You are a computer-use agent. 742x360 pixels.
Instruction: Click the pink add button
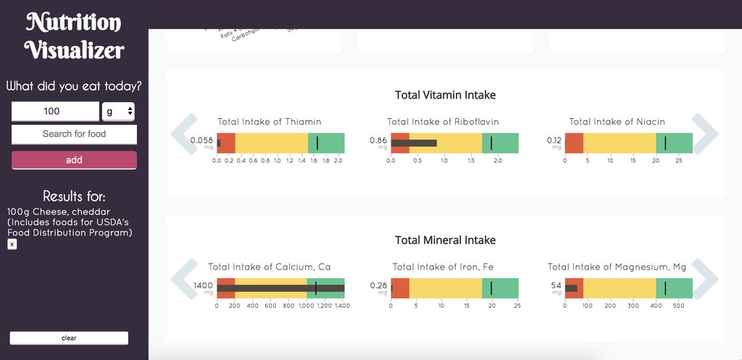74,160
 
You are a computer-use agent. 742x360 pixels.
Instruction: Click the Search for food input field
74,134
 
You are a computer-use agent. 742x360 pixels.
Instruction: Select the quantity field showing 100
55,111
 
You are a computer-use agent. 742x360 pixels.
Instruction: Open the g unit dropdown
120,111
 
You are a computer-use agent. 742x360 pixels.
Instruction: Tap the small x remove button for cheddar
12,244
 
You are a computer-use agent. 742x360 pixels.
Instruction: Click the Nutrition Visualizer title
74,36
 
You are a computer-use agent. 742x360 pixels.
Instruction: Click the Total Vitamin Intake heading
445,95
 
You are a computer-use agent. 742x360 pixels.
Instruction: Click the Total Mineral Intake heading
445,240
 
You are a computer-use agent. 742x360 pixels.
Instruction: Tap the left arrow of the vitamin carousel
184,133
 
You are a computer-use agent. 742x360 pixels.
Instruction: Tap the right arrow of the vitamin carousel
704,133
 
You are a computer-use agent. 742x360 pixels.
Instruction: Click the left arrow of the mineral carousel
184,278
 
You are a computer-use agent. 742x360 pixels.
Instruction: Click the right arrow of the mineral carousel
704,278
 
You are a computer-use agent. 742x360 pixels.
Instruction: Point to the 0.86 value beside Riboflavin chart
378,140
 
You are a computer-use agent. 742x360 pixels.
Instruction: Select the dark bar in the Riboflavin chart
414,143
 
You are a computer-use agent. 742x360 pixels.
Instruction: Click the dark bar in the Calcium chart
280,288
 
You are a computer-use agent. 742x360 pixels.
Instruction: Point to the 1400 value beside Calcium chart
203,285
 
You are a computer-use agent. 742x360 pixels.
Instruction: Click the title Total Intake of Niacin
617,122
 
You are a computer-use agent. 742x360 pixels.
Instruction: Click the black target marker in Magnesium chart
665,288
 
